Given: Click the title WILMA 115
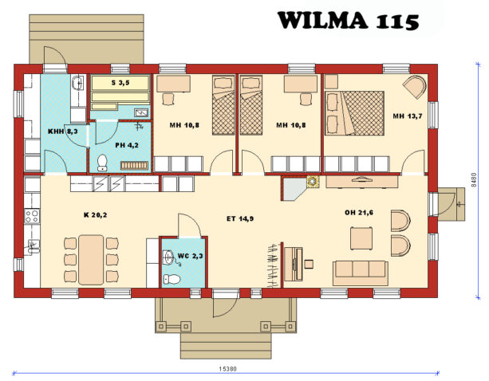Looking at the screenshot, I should pyautogui.click(x=347, y=21).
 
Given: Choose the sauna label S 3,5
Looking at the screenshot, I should pyautogui.click(x=119, y=82).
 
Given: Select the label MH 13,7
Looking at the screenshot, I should pyautogui.click(x=405, y=116).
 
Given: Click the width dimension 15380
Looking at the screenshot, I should pyautogui.click(x=227, y=369).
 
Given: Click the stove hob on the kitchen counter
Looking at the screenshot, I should pyautogui.click(x=32, y=215).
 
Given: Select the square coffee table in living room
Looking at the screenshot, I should pyautogui.click(x=362, y=237).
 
